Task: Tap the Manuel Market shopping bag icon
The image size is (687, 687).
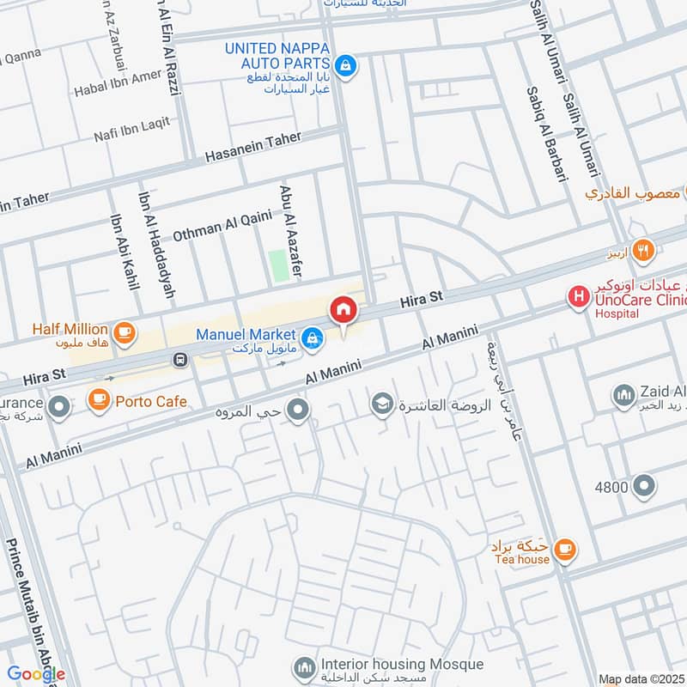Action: tap(313, 338)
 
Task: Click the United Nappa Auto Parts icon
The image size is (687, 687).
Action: tap(345, 65)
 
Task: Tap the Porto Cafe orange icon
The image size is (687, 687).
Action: tap(100, 400)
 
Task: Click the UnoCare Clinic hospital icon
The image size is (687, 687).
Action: tap(580, 297)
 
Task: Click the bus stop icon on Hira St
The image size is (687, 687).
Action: tap(180, 359)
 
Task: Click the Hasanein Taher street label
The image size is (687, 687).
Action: tap(253, 147)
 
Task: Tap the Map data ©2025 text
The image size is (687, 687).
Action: tap(641, 679)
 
